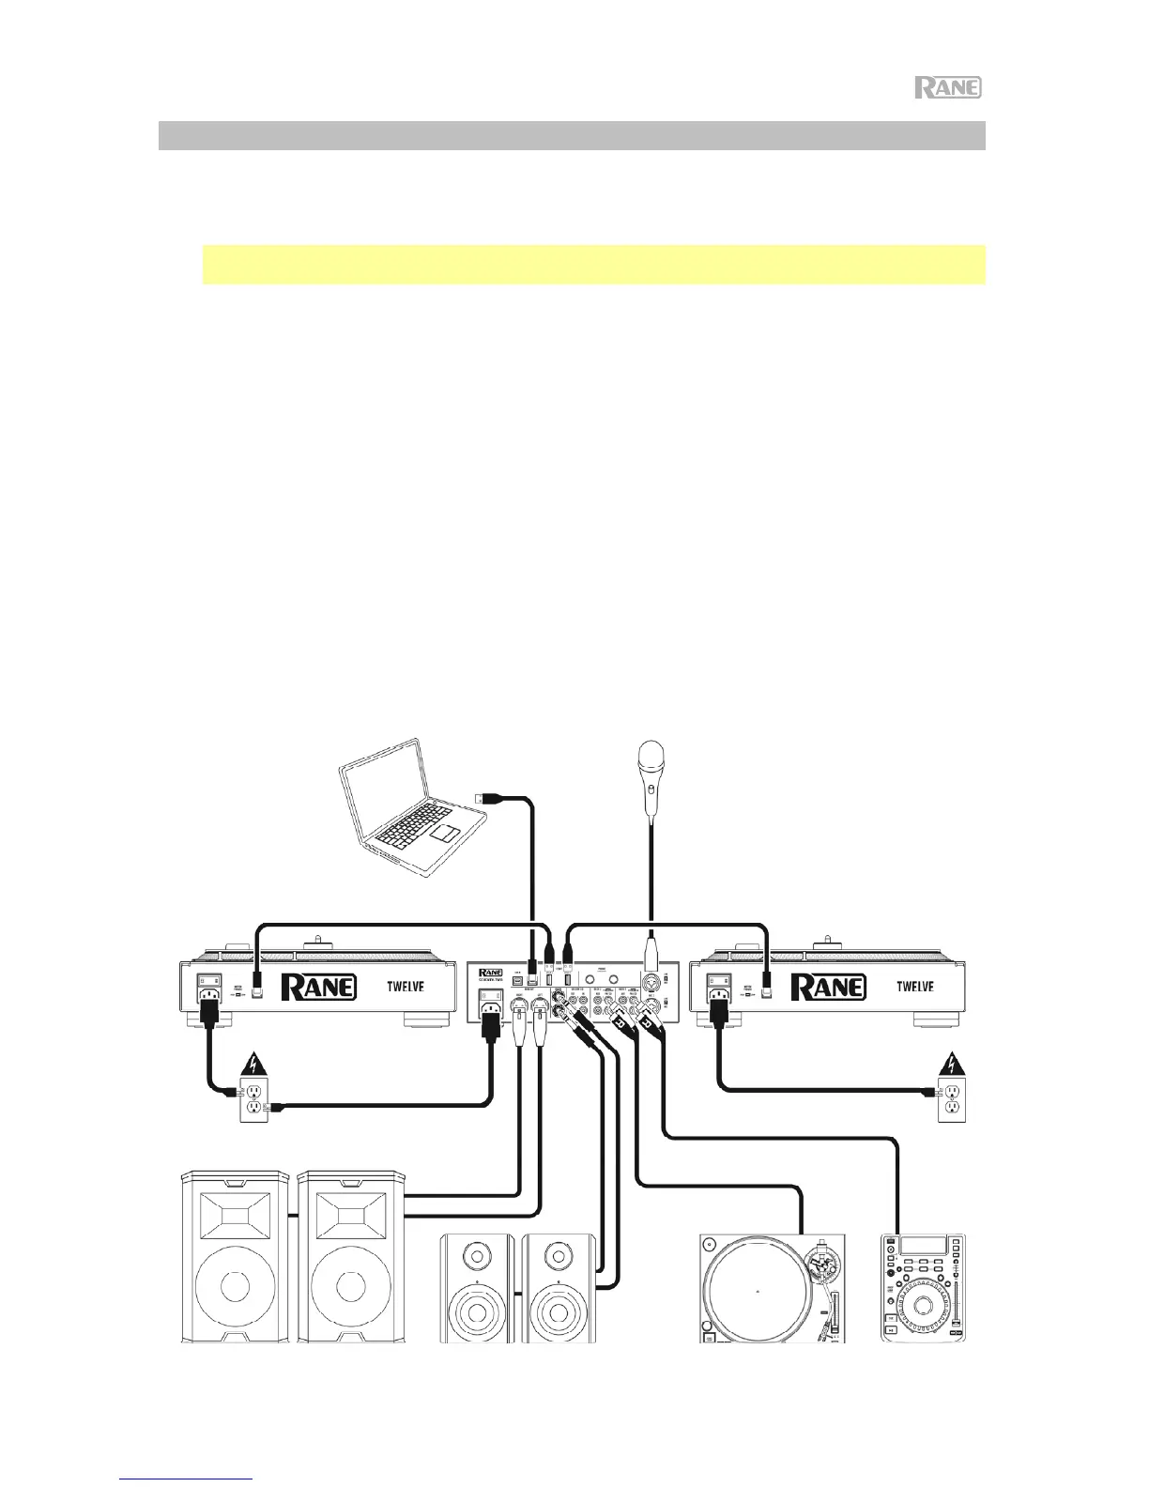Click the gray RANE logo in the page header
948,88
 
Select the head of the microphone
650,756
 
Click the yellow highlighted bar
593,265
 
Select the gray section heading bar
571,135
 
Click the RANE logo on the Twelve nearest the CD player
827,988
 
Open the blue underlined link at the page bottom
188,1479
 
